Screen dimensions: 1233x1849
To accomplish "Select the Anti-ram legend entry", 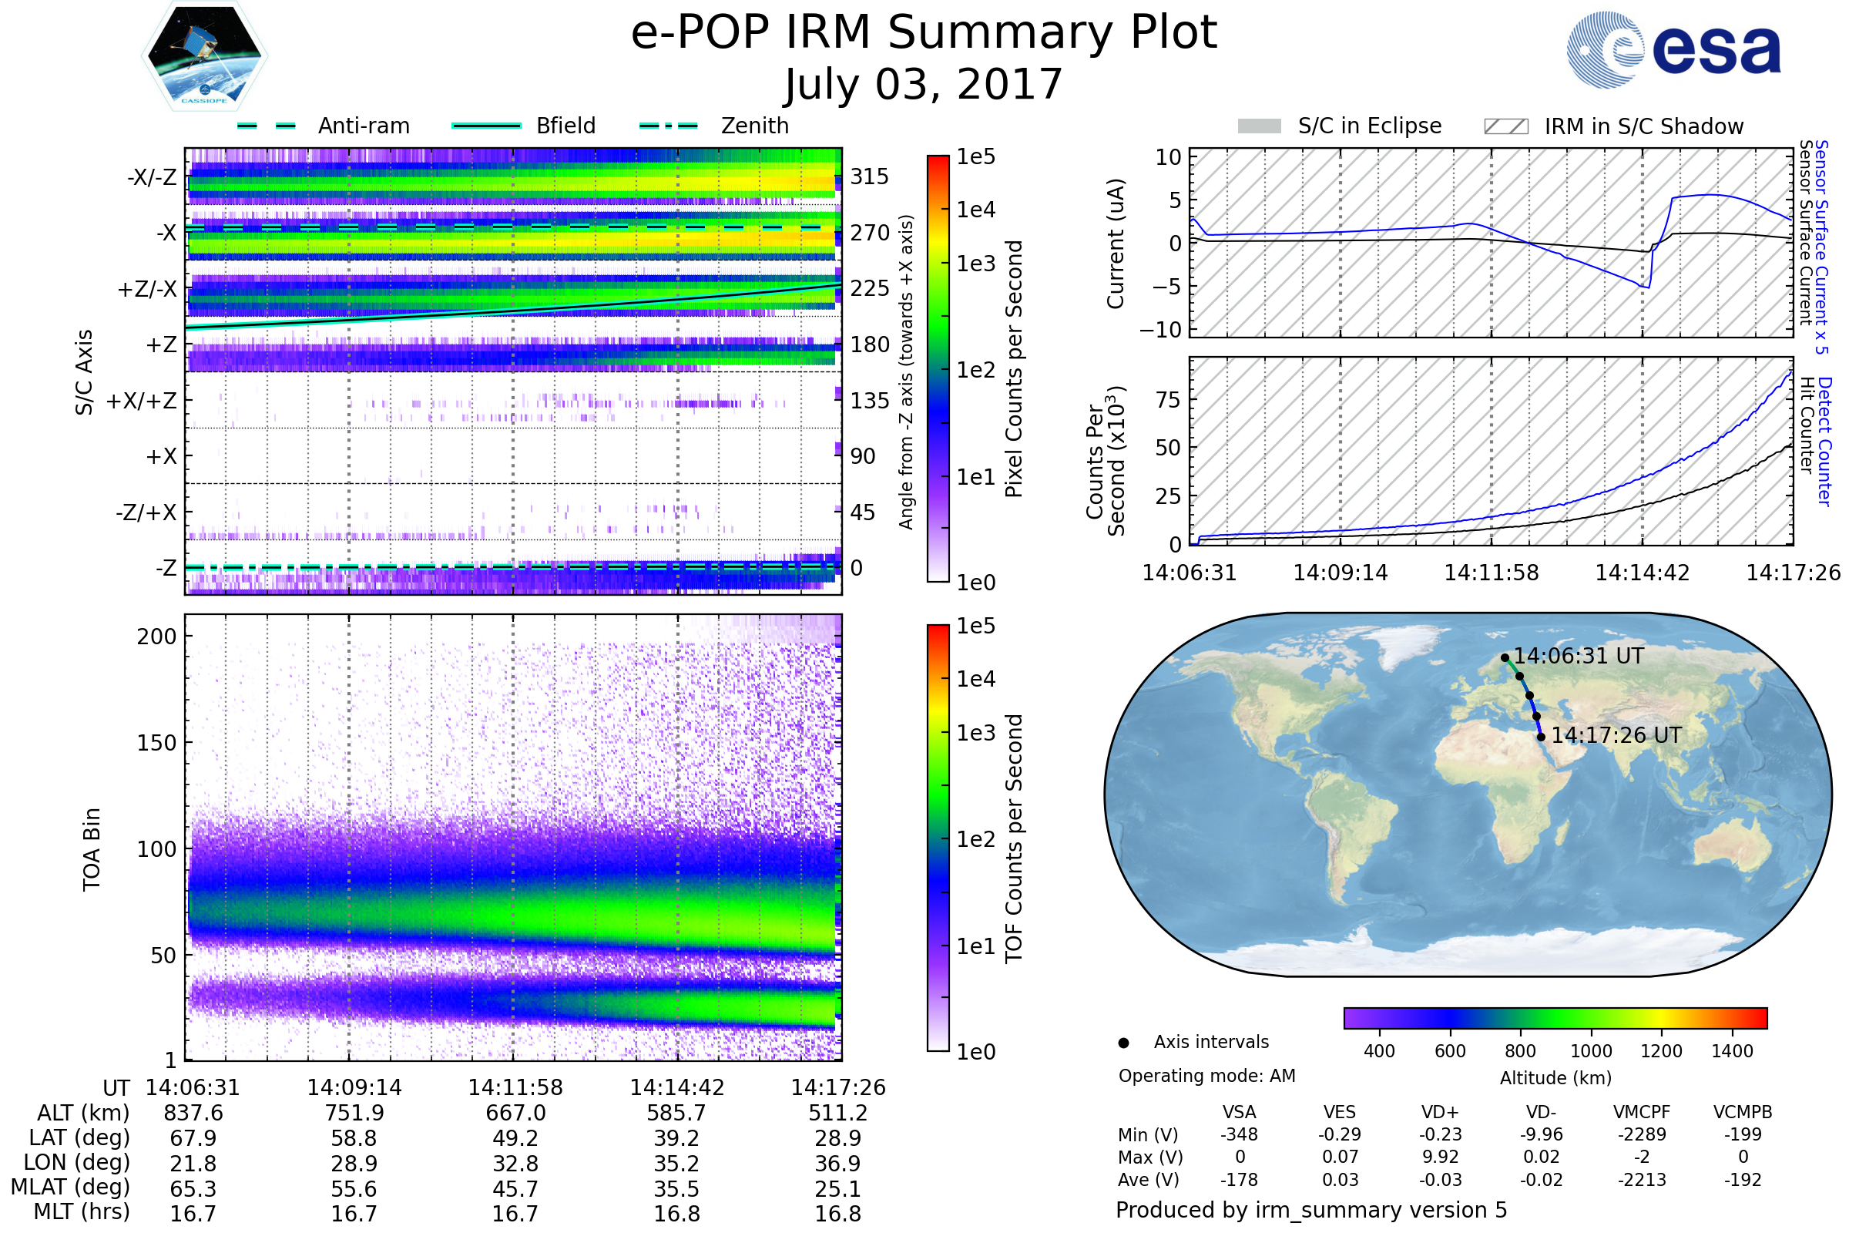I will (x=363, y=126).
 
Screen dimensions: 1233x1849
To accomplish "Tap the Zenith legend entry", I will (x=754, y=126).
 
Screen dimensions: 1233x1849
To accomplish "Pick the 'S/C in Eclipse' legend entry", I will (x=1369, y=126).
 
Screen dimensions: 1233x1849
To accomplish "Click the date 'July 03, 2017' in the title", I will (x=924, y=85).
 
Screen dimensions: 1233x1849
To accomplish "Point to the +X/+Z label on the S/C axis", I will (x=142, y=401).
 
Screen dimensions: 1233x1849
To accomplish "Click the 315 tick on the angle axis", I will (x=869, y=177).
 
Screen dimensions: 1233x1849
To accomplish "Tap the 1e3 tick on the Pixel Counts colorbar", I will (x=975, y=264).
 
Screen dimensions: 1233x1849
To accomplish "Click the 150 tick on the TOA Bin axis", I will (x=156, y=743).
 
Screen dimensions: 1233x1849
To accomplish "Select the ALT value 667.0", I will (x=515, y=1114).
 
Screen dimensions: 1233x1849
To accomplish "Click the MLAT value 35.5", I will (x=677, y=1189).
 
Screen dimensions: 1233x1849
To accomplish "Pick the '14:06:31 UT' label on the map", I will (x=1578, y=656).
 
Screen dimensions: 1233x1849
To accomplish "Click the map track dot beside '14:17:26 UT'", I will (x=1541, y=737).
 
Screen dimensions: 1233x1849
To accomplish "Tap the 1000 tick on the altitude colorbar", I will (x=1590, y=1051).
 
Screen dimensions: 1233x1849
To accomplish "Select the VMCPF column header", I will (x=1642, y=1113).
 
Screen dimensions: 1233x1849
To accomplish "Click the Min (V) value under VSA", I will (x=1239, y=1134).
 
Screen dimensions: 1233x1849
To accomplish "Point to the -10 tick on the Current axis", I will (x=1160, y=330).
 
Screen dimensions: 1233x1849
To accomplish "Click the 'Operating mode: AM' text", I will (x=1206, y=1076).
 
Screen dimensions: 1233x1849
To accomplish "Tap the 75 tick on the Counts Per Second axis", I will (x=1168, y=399).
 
